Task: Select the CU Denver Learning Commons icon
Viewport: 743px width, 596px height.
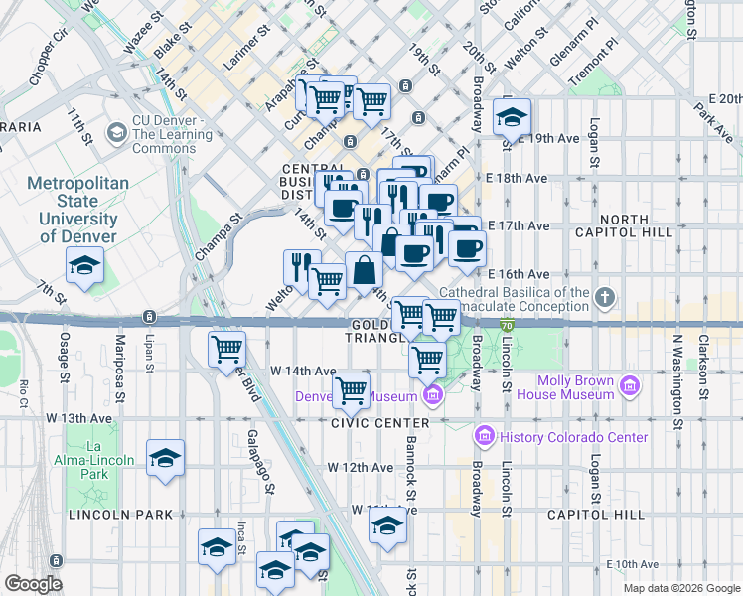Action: point(117,133)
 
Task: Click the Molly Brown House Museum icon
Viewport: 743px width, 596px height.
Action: point(629,386)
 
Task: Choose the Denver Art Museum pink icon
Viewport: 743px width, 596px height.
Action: point(432,397)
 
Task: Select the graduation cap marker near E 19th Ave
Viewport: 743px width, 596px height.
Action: point(512,118)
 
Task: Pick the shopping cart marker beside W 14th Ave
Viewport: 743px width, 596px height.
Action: point(351,389)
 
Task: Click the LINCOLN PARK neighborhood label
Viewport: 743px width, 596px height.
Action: point(120,515)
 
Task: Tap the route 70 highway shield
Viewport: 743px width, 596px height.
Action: point(506,324)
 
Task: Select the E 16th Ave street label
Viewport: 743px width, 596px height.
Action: point(520,274)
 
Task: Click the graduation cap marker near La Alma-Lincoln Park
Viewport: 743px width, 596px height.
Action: point(165,458)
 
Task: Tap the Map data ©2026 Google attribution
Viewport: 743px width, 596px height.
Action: point(680,588)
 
